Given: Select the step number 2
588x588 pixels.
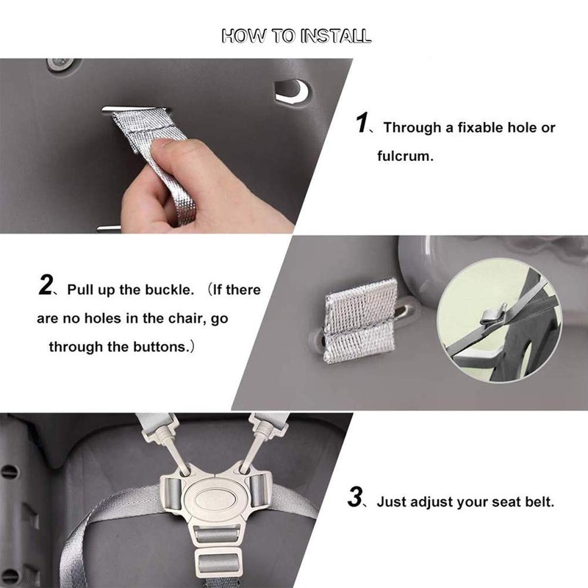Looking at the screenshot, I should pos(45,286).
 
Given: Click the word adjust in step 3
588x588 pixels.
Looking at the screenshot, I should pos(417,503).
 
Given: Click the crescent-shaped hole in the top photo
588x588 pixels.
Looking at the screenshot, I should pos(292,91).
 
